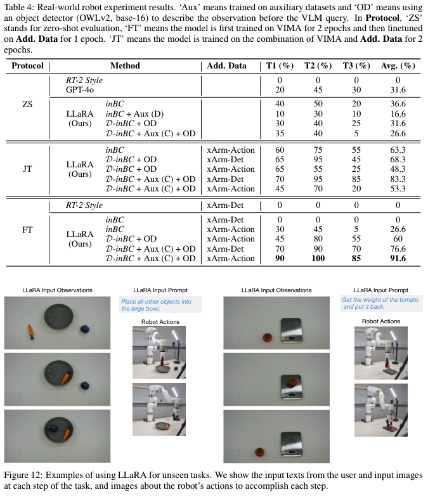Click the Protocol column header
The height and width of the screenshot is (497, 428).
click(27, 66)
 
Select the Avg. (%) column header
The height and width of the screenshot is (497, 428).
click(398, 66)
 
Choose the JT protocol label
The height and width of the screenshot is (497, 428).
click(27, 170)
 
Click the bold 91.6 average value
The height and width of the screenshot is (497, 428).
click(398, 259)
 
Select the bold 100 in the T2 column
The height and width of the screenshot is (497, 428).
click(317, 259)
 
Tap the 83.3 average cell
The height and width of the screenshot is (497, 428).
click(398, 179)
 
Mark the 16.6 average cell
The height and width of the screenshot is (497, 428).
click(398, 113)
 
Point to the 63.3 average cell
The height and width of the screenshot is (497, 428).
click(398, 150)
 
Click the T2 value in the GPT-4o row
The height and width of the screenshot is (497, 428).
click(317, 90)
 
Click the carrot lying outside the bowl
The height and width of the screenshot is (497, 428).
click(30, 330)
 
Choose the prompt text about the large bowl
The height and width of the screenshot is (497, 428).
click(160, 306)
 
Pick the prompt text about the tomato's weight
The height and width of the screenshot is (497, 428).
click(380, 303)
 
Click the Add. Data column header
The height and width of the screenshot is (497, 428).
click(227, 66)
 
